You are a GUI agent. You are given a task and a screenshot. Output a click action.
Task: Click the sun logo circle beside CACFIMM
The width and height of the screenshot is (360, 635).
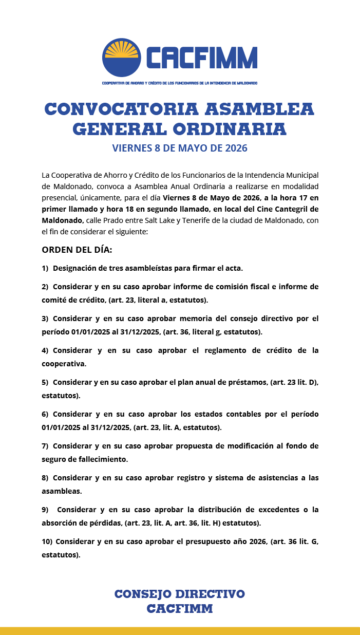[x=121, y=57]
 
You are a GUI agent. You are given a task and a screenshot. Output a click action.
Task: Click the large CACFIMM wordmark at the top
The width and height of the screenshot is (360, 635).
[x=201, y=58]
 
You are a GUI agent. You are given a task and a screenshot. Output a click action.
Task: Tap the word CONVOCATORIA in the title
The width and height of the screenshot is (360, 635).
[x=121, y=109]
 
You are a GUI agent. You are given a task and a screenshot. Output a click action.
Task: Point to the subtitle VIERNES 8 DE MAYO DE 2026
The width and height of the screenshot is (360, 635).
[x=180, y=148]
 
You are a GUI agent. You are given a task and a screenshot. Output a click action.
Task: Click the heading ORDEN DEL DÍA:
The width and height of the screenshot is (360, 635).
[x=77, y=250]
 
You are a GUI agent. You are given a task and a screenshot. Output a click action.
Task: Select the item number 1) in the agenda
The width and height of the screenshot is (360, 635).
[x=45, y=268]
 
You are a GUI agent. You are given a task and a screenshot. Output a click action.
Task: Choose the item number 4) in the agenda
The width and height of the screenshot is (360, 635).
[x=45, y=350]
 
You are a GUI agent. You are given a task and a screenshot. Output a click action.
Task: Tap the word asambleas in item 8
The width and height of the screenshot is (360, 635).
[x=62, y=491]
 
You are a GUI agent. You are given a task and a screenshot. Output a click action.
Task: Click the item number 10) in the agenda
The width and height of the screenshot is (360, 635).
[x=47, y=541]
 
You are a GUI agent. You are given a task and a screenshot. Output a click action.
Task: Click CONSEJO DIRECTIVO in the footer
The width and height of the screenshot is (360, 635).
[x=180, y=594]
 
